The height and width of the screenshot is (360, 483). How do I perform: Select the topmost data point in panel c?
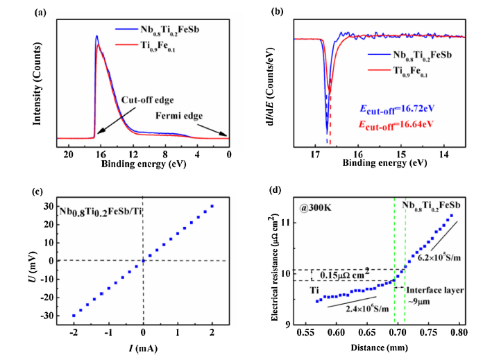point(212,206)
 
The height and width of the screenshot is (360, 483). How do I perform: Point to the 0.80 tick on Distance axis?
point(458,334)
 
